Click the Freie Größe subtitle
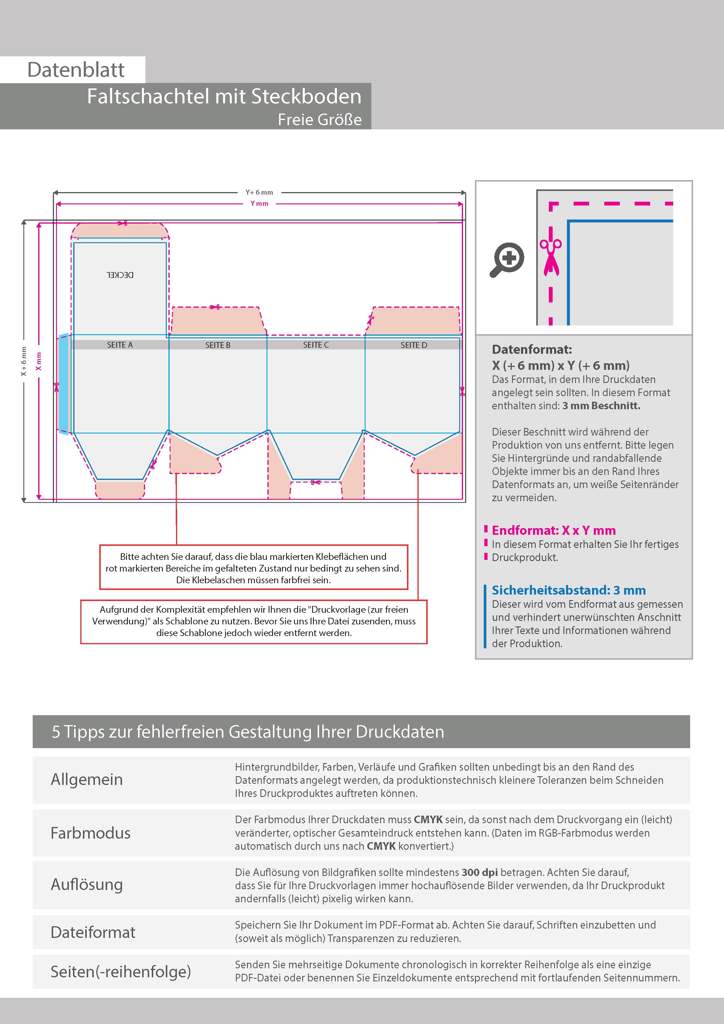[x=319, y=119]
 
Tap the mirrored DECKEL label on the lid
[x=120, y=275]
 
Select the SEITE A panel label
[x=120, y=345]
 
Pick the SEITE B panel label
[x=218, y=345]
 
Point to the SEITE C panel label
[x=316, y=345]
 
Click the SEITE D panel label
[x=413, y=345]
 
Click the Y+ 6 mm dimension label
[x=259, y=192]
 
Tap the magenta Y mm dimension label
[x=259, y=203]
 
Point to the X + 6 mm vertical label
[x=24, y=361]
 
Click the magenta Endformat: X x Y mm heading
[x=554, y=530]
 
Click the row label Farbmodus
[x=90, y=833]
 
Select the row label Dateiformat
[x=93, y=932]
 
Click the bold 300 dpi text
[x=480, y=873]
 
